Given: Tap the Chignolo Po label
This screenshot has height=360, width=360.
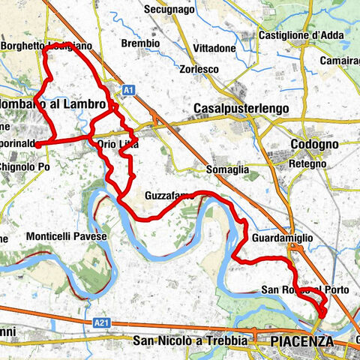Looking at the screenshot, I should (x=24, y=166).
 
